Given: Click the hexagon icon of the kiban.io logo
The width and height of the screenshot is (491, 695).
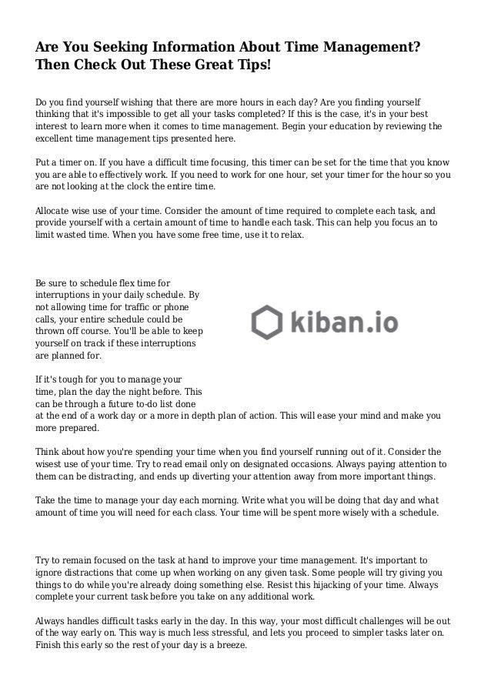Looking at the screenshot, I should point(266,319).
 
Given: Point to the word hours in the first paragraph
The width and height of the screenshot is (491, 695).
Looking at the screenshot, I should point(284,102).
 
